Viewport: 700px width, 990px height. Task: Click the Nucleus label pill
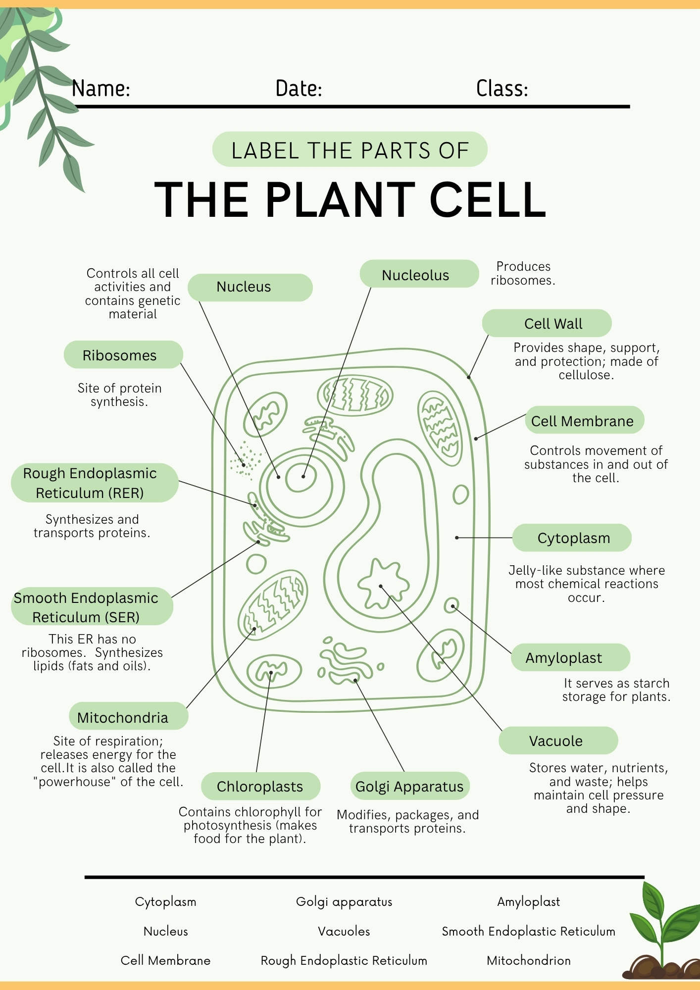[250, 287]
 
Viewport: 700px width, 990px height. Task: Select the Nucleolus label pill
[419, 274]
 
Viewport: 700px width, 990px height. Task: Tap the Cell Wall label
[547, 323]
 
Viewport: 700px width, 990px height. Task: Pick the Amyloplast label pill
[570, 657]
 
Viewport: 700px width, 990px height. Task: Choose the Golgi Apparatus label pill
[410, 786]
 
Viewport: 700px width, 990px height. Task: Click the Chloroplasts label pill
[260, 786]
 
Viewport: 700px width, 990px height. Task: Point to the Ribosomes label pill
[123, 355]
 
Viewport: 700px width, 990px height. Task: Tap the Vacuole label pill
[558, 741]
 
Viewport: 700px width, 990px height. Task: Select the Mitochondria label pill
[128, 716]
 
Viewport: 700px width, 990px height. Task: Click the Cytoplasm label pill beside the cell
[572, 538]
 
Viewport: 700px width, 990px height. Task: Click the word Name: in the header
[101, 89]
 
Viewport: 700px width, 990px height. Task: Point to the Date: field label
[299, 89]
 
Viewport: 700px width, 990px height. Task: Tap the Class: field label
[502, 89]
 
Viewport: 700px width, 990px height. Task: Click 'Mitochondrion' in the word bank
[529, 960]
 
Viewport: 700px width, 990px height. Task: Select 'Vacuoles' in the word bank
[344, 931]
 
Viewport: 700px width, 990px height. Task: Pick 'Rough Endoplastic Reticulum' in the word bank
[344, 960]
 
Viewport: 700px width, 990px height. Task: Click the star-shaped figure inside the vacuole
[383, 584]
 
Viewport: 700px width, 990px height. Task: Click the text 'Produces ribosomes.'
[523, 273]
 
